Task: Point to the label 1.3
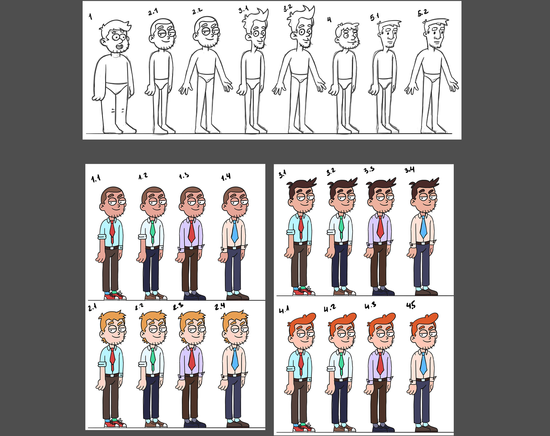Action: [x=184, y=176]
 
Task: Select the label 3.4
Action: [x=410, y=170]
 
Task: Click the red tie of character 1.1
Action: [x=112, y=231]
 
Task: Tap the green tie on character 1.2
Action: [x=153, y=231]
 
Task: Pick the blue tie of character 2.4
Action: [x=235, y=358]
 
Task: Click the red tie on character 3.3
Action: [x=380, y=227]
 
